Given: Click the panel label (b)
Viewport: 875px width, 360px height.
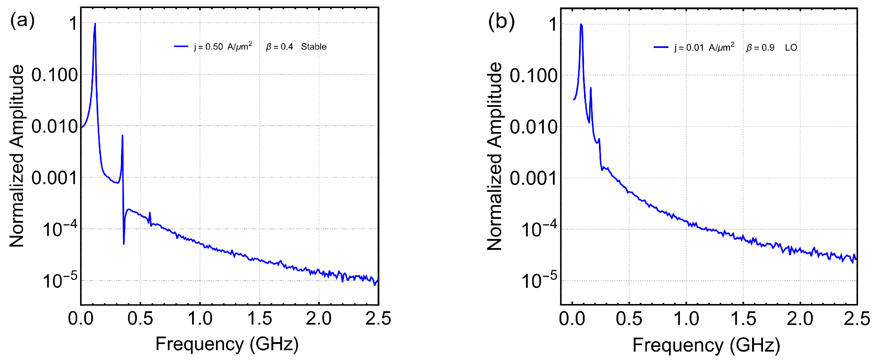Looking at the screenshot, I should pos(501,21).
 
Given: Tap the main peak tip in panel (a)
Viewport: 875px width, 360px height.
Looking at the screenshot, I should pos(95,24).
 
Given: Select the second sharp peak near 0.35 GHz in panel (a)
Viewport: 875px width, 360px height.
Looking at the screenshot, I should pos(122,136).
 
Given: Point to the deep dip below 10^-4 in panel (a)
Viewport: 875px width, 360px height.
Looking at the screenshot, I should pos(124,243).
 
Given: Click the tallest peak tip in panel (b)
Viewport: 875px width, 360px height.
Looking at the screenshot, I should pos(581,25).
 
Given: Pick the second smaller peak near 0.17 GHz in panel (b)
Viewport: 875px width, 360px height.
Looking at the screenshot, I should pos(591,88).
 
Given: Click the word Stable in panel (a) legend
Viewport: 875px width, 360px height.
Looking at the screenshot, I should pos(314,47).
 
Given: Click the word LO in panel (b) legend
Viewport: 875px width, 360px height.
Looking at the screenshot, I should pos(791,48).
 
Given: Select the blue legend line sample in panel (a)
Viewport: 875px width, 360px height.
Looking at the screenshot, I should pos(181,46).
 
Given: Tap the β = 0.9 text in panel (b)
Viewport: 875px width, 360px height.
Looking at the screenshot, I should pos(760,48).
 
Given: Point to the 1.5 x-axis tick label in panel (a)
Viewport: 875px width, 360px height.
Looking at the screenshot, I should pos(259,319).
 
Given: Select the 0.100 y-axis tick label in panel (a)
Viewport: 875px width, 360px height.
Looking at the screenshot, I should pos(54,75).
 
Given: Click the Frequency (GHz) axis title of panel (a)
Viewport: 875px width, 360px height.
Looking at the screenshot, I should pos(227,344).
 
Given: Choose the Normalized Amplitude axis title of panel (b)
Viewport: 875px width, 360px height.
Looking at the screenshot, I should pos(494,156).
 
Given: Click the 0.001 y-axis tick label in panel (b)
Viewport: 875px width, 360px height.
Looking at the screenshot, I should pos(533,178).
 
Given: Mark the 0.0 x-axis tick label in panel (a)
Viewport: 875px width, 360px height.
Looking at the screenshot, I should pos(80,319).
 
